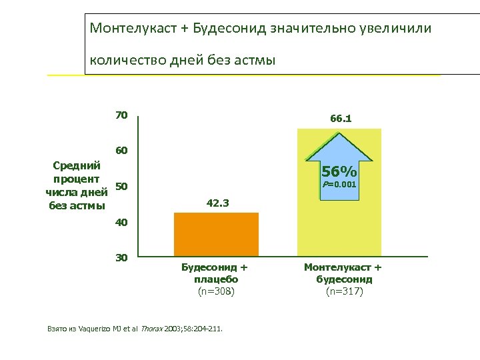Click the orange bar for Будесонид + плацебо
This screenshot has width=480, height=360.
[216, 235]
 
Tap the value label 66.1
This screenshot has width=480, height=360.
[340, 119]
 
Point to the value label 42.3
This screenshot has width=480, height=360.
[216, 203]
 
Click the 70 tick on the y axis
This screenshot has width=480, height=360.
[121, 115]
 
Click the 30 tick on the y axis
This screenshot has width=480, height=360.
[121, 257]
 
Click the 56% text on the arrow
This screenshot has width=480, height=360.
[340, 170]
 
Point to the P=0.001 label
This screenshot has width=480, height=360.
[340, 183]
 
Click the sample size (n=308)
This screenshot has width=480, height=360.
[216, 291]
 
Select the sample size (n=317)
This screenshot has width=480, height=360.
[344, 291]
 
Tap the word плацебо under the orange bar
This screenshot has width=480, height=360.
[216, 279]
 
